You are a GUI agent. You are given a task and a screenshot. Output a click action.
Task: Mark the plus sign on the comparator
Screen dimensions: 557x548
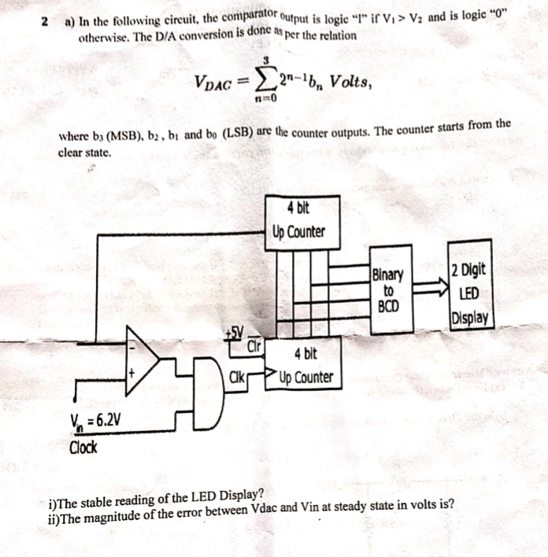coord(134,372)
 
